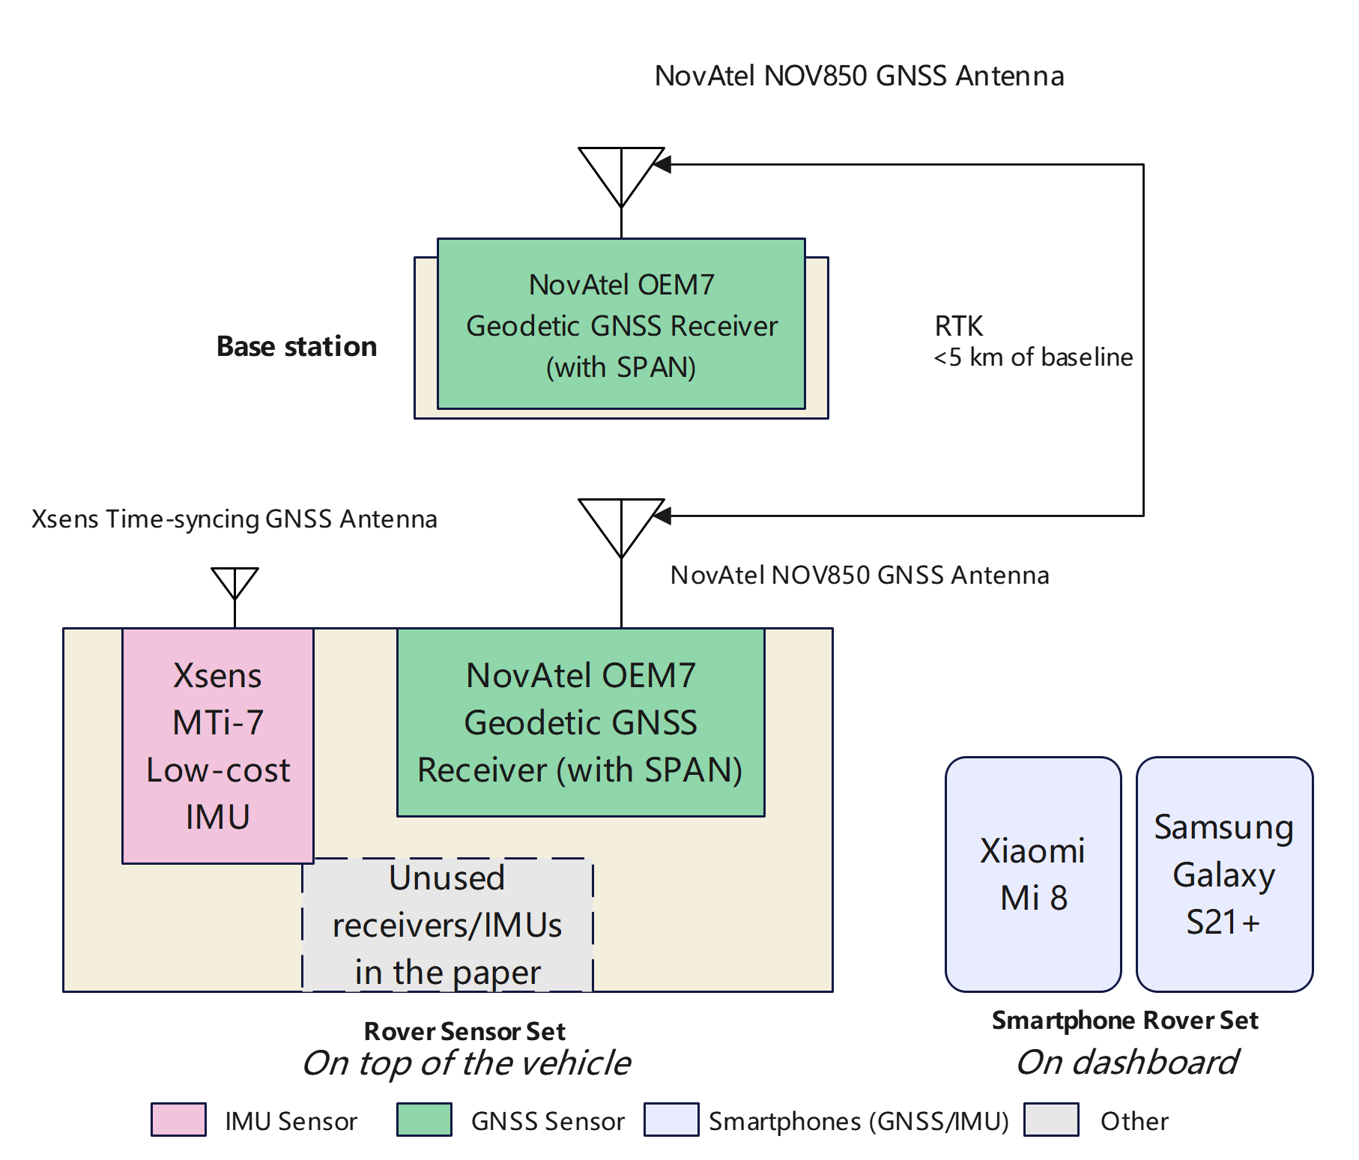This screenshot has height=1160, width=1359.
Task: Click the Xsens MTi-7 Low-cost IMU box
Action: (218, 746)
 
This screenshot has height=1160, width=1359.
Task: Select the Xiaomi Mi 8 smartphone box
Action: (1033, 874)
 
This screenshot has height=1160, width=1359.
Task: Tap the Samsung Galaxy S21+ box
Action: (1224, 874)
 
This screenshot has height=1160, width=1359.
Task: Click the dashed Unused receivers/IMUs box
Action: (447, 925)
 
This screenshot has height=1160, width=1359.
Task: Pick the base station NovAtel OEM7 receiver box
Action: (621, 324)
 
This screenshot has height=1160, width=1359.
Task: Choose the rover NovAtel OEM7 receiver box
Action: (581, 722)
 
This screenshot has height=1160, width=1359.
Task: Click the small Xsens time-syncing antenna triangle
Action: (235, 580)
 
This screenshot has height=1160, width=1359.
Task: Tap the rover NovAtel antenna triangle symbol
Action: (621, 522)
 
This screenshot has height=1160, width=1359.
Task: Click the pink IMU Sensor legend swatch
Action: (178, 1120)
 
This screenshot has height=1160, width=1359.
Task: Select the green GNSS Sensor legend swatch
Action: (424, 1120)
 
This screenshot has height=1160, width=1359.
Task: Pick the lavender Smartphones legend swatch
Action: (671, 1120)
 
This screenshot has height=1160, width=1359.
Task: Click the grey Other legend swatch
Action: (1051, 1120)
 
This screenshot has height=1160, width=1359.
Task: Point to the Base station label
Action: (297, 346)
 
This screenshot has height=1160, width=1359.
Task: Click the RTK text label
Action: (958, 326)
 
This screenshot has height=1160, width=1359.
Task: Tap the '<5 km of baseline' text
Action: (1033, 357)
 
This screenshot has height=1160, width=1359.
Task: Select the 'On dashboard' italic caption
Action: (1127, 1062)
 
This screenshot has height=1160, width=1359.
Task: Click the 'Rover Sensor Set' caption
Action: (464, 1031)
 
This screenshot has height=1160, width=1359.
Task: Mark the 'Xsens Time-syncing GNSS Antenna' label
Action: (234, 519)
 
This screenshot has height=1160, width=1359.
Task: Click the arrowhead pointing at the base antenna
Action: (662, 165)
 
